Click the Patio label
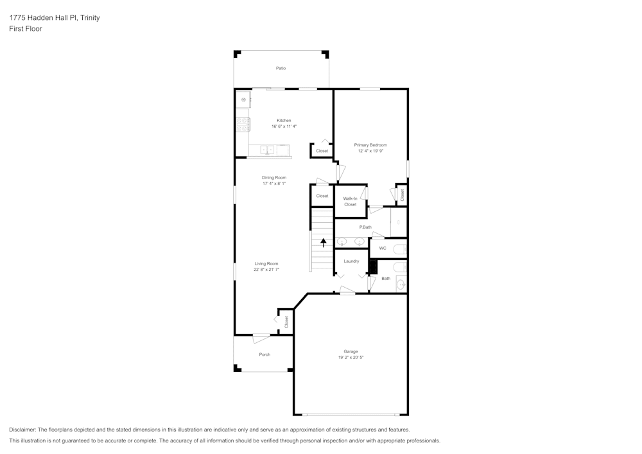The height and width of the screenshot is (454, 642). coord(281,68)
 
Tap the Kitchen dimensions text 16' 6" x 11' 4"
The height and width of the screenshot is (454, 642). coord(284,127)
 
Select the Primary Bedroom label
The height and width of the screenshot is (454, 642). coord(370,145)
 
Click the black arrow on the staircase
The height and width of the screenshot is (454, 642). coord(323,242)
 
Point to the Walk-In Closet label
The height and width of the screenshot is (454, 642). coord(350,202)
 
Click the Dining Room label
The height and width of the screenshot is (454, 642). coord(273,177)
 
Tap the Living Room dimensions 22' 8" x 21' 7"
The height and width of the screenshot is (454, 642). coord(266,270)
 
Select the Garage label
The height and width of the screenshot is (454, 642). coord(351,351)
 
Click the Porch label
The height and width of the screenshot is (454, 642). coord(265,354)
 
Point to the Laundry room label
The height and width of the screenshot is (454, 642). coord(351,261)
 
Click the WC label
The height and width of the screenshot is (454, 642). coord(383,248)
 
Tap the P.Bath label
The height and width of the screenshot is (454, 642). coord(365,227)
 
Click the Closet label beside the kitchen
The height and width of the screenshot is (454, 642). coord(322,151)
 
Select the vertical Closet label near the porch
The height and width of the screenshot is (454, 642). coord(286,322)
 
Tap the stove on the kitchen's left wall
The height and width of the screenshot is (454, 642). coord(243,121)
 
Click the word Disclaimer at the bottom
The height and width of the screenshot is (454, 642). coord(22,430)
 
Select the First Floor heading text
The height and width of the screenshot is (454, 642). coord(26,29)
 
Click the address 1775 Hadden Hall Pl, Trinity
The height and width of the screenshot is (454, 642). coord(55,18)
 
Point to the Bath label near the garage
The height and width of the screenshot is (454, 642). coord(386,279)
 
